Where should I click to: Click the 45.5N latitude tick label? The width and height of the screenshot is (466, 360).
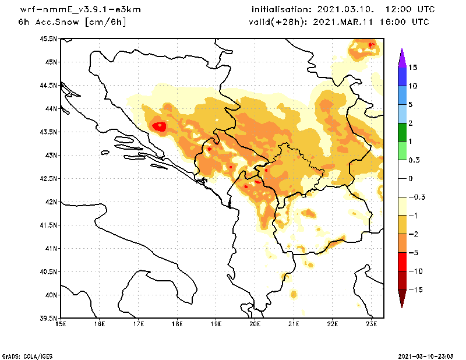point(48,39)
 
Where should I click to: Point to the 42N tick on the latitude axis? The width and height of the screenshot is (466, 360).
point(51,202)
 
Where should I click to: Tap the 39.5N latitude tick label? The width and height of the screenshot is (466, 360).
point(48,319)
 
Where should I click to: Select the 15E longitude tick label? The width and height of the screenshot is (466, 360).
point(60,324)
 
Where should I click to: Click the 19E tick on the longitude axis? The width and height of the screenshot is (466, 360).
point(216,324)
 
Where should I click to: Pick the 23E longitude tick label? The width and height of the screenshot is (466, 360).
point(372,324)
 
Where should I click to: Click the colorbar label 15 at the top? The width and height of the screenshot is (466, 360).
point(413,68)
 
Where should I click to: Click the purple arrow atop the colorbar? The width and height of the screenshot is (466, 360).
point(401,57)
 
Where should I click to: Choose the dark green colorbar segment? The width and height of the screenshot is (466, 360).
point(401,132)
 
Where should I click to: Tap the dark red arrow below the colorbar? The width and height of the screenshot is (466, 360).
point(401,298)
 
